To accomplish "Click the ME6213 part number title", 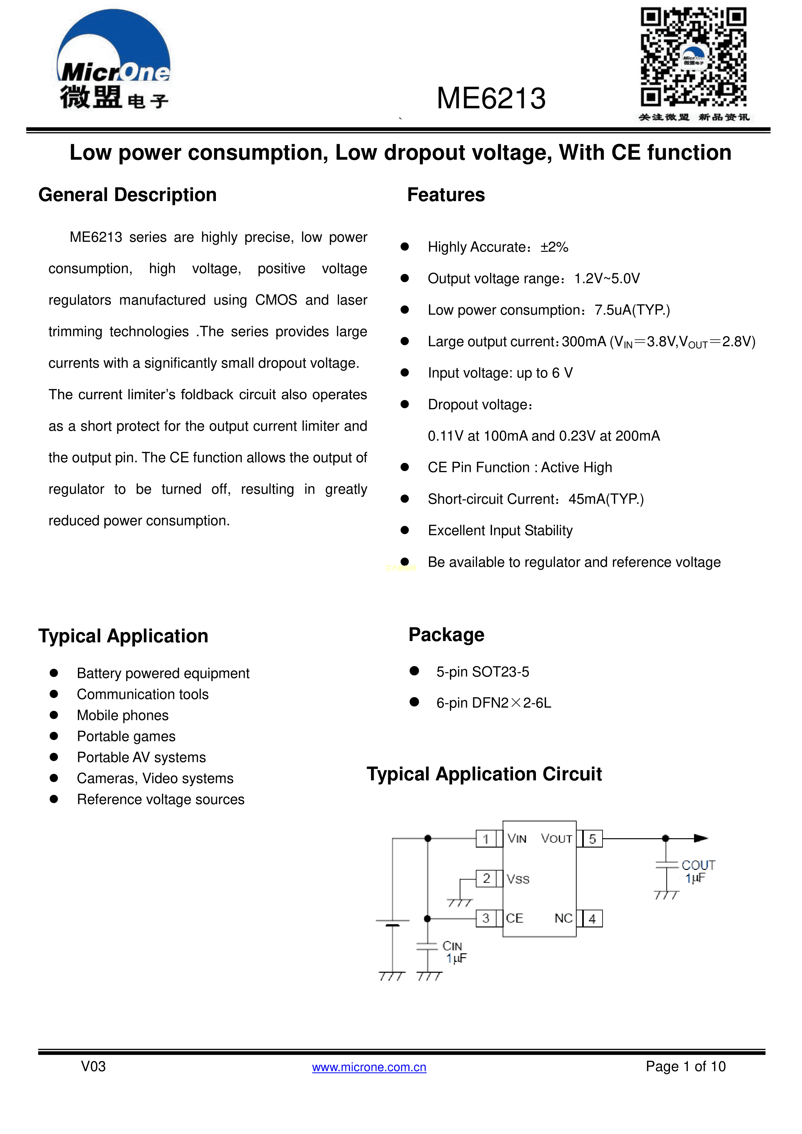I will pos(491,98).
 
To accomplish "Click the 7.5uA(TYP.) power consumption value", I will pos(632,310).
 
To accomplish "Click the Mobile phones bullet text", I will pos(123,715).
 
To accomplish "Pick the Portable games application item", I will pos(126,736).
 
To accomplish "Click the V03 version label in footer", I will pos(93,1066).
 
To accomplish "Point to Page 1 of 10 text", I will pos(685,1066).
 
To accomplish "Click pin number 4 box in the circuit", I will pos(592,919).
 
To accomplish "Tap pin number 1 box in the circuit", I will pos(486,839).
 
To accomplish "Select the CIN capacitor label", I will pos(452,946).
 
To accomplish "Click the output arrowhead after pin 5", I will pos(701,838).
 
